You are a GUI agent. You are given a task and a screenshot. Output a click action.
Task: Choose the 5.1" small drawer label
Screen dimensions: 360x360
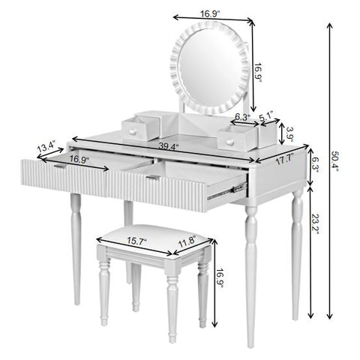click(x=266, y=116)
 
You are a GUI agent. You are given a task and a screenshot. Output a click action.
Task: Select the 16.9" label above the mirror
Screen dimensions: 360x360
click(x=209, y=12)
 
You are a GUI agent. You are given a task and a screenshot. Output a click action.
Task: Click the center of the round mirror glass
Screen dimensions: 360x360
click(x=210, y=67)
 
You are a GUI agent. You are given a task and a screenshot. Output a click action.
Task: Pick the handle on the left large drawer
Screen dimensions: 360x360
click(x=58, y=166)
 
